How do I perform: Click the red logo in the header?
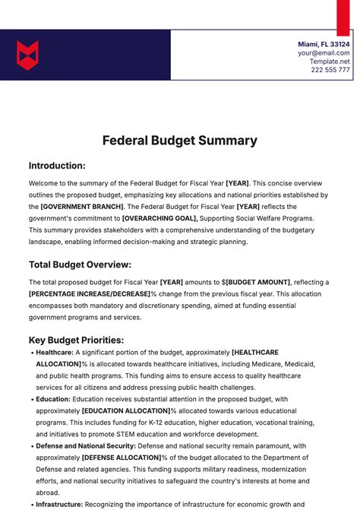pos(27,55)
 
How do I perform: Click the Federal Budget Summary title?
pos(180,141)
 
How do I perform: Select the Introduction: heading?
pos(57,166)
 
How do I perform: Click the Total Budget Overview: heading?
pos(80,265)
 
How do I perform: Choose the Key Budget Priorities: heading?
pos(76,340)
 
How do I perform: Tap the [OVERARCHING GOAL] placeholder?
pos(159,218)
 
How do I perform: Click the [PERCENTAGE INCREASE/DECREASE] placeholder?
pos(89,293)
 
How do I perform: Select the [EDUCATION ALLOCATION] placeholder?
pos(125,410)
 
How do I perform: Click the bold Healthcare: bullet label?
pos(54,353)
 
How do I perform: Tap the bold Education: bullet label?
pos(52,399)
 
